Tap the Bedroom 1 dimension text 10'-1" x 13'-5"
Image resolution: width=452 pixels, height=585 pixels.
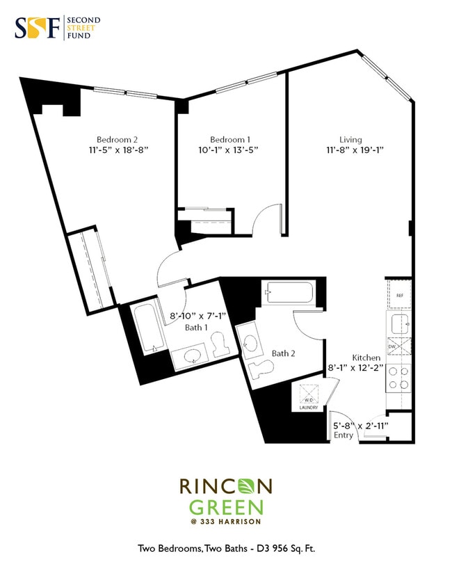pos(229,150)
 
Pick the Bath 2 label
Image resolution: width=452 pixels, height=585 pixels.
pos(284,353)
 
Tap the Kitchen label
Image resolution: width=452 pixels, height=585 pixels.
pos(365,358)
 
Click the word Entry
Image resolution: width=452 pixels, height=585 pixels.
pos(343,435)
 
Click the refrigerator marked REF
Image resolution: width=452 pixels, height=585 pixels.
pos(399,294)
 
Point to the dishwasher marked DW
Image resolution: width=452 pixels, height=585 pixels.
pos(399,346)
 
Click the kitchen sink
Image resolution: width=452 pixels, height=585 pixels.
pos(399,323)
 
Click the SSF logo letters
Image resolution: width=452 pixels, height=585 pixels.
pos(37,28)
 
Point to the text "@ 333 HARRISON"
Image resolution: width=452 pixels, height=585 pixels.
pos(226,520)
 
